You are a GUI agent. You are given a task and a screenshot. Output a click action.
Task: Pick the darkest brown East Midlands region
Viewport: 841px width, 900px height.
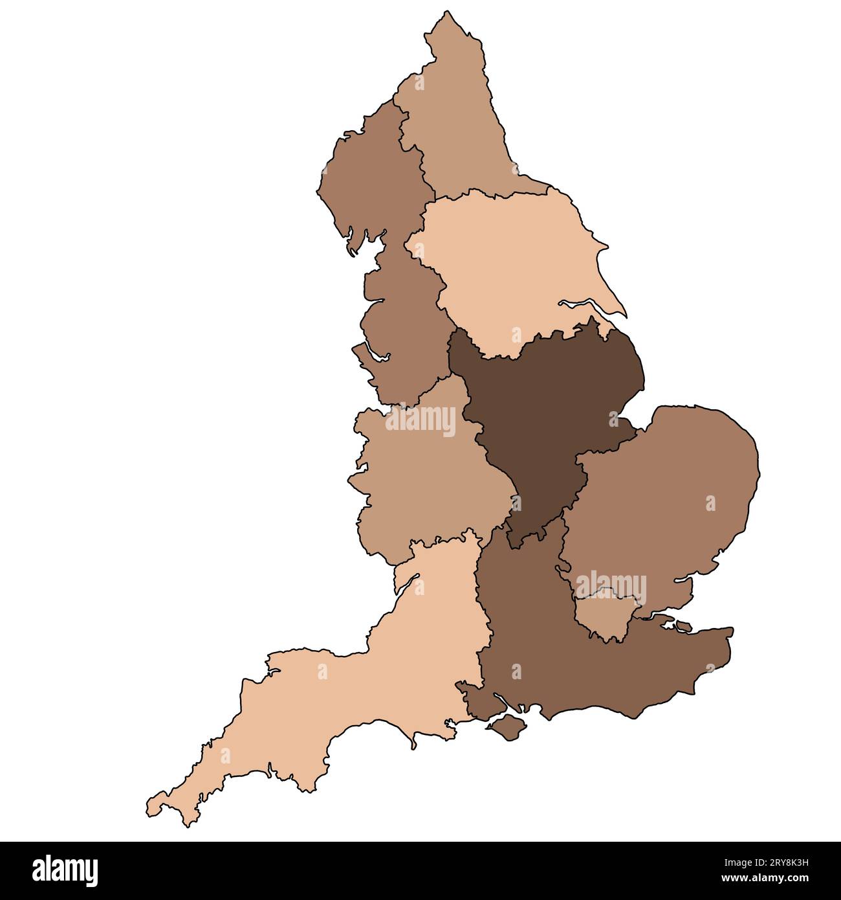[x=550, y=401]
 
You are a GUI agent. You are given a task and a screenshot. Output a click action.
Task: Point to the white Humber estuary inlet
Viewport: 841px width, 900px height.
[x=585, y=306]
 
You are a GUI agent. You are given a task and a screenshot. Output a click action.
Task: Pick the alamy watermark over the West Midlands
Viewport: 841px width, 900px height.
[x=420, y=421]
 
